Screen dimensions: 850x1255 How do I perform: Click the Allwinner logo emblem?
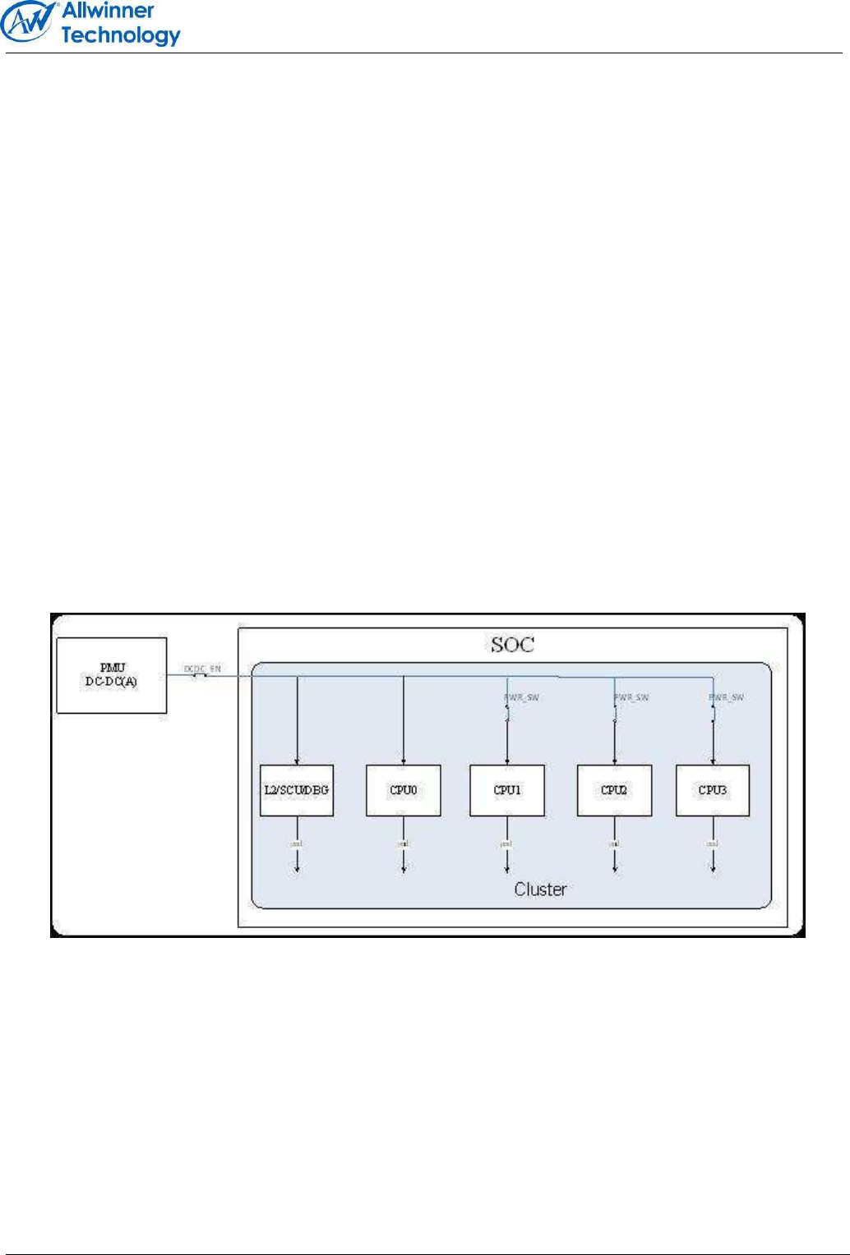[x=29, y=22]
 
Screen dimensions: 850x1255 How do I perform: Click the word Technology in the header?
[x=121, y=35]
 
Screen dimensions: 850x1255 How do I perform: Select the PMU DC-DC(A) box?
[x=112, y=675]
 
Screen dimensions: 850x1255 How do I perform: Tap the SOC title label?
[x=512, y=645]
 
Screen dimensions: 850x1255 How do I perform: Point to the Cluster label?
[x=540, y=889]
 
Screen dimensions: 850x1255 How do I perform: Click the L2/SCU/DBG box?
[x=297, y=790]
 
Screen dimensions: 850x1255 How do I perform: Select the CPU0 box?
[x=404, y=790]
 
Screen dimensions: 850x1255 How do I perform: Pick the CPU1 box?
[x=507, y=790]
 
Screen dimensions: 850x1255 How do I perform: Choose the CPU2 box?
[x=614, y=790]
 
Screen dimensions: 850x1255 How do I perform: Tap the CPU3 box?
[x=713, y=790]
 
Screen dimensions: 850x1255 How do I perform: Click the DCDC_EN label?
[x=202, y=669]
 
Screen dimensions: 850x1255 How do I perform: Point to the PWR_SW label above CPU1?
[x=521, y=697]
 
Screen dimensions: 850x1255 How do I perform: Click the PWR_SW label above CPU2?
[x=631, y=697]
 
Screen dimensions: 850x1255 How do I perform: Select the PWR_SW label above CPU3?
[x=727, y=697]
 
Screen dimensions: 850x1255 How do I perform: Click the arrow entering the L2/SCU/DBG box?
[x=297, y=760]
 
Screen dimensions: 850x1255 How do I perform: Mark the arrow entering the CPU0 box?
[x=404, y=760]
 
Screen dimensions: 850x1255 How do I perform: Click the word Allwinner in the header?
[x=108, y=11]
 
